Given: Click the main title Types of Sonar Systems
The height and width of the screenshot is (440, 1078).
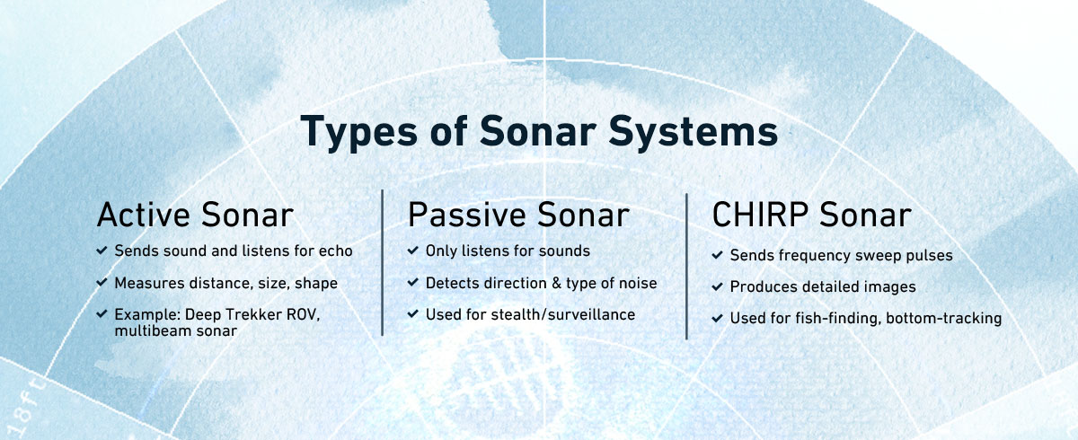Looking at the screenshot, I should point(539,131).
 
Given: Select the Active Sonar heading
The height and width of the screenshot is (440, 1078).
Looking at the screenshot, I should point(195,216).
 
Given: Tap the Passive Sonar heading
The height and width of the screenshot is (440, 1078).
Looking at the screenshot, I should point(518,216).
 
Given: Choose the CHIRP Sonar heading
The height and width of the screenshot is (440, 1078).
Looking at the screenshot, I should point(811,216).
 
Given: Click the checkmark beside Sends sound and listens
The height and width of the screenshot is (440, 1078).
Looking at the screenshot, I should point(102,251).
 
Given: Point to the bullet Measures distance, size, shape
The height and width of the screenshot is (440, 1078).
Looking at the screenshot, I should point(225,283).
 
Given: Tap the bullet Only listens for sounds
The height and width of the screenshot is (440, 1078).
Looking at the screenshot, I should point(508,251).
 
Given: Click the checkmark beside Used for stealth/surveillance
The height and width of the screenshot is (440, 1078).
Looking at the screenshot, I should point(413,314).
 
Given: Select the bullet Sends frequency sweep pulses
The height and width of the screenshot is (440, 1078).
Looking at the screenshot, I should point(841,255).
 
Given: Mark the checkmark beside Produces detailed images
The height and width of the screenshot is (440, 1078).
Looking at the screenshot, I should point(718,286).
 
